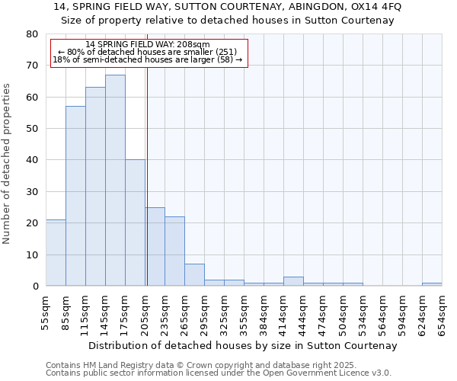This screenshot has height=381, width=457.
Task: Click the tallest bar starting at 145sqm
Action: pyautogui.click(x=115, y=181)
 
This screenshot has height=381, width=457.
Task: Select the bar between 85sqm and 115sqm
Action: pyautogui.click(x=75, y=196)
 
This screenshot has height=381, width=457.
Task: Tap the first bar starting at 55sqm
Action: pyautogui.click(x=56, y=253)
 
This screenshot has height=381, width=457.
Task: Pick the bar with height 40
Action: pyautogui.click(x=135, y=223)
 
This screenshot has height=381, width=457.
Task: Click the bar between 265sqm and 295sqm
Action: pyautogui.click(x=194, y=275)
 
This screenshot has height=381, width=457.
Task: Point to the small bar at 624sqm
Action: pyautogui.click(x=432, y=284)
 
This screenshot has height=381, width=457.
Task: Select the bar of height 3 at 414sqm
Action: pyautogui.click(x=293, y=281)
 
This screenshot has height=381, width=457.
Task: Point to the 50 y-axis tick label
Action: pyautogui.click(x=31, y=129)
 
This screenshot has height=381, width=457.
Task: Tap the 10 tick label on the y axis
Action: pyautogui.click(x=31, y=255)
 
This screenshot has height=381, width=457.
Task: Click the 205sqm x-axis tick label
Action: pyautogui.click(x=144, y=312)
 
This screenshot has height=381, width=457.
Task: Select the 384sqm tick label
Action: pyautogui.click(x=264, y=312)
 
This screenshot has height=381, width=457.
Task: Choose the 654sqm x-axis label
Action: pyautogui.click(x=441, y=312)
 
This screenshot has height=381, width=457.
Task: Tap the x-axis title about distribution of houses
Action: pyautogui.click(x=244, y=345)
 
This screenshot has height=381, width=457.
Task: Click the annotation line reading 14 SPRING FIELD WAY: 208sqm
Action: pyautogui.click(x=148, y=45)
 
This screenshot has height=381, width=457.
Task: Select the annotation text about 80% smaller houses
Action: pyautogui.click(x=148, y=52)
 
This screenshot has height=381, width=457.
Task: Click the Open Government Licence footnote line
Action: pyautogui.click(x=219, y=373)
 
